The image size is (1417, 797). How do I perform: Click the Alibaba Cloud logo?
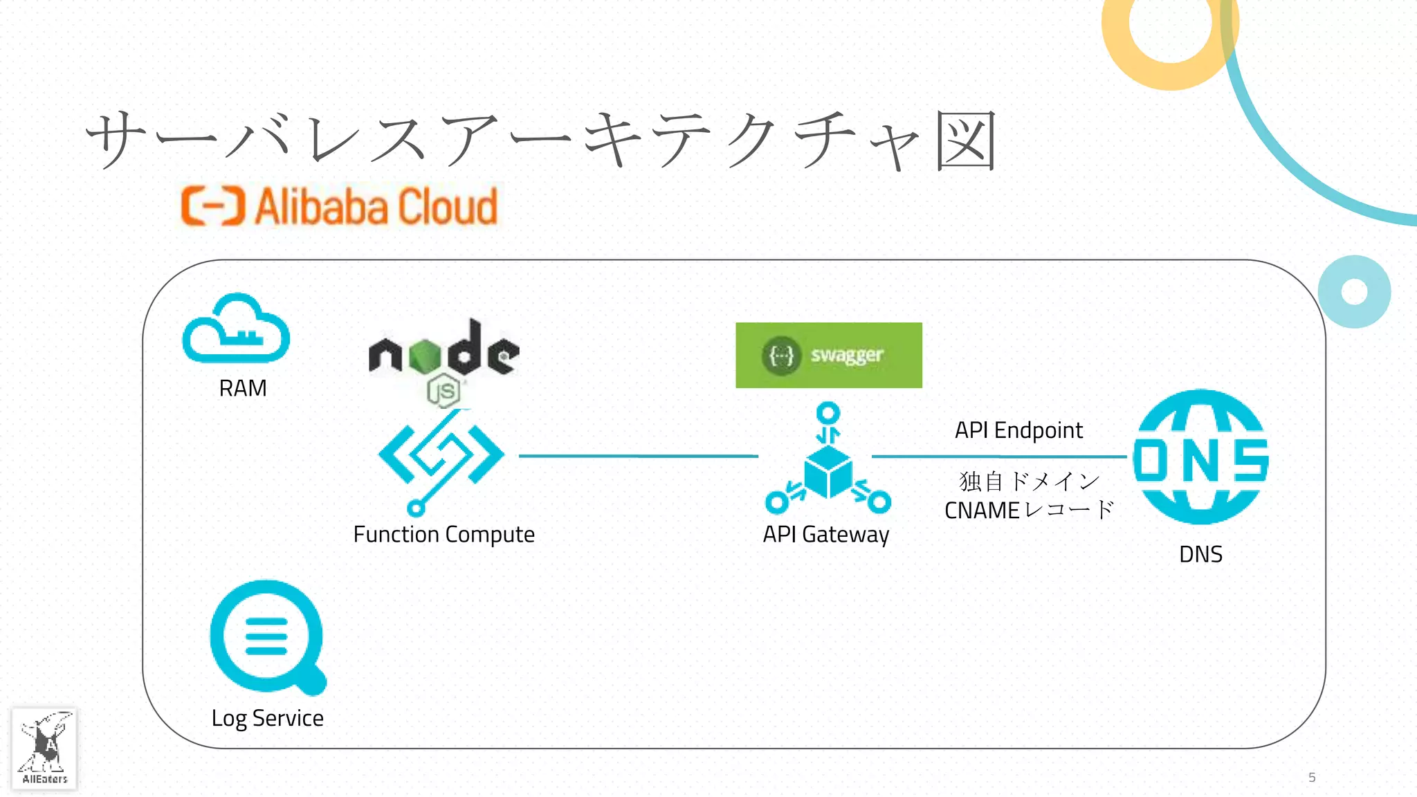339,206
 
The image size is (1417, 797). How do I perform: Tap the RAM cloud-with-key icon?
236,329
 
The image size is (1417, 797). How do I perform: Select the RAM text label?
243,388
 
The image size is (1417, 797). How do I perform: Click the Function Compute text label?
444,534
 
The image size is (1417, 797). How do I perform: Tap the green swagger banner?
828,355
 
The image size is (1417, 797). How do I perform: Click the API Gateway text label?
825,534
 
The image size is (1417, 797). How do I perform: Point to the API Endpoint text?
1018,430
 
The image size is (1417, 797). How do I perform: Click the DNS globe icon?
1200,457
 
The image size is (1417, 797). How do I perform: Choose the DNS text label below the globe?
1200,554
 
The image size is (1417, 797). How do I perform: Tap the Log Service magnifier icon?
268,637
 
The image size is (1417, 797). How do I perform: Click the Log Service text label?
268,718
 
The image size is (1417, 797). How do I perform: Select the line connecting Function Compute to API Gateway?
638,456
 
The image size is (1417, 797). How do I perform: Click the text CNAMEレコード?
1029,511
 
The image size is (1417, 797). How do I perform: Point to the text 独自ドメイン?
1029,481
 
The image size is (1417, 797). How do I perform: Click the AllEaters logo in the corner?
44,749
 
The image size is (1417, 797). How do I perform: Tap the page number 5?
1311,777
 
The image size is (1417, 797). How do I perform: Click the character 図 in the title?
966,141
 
